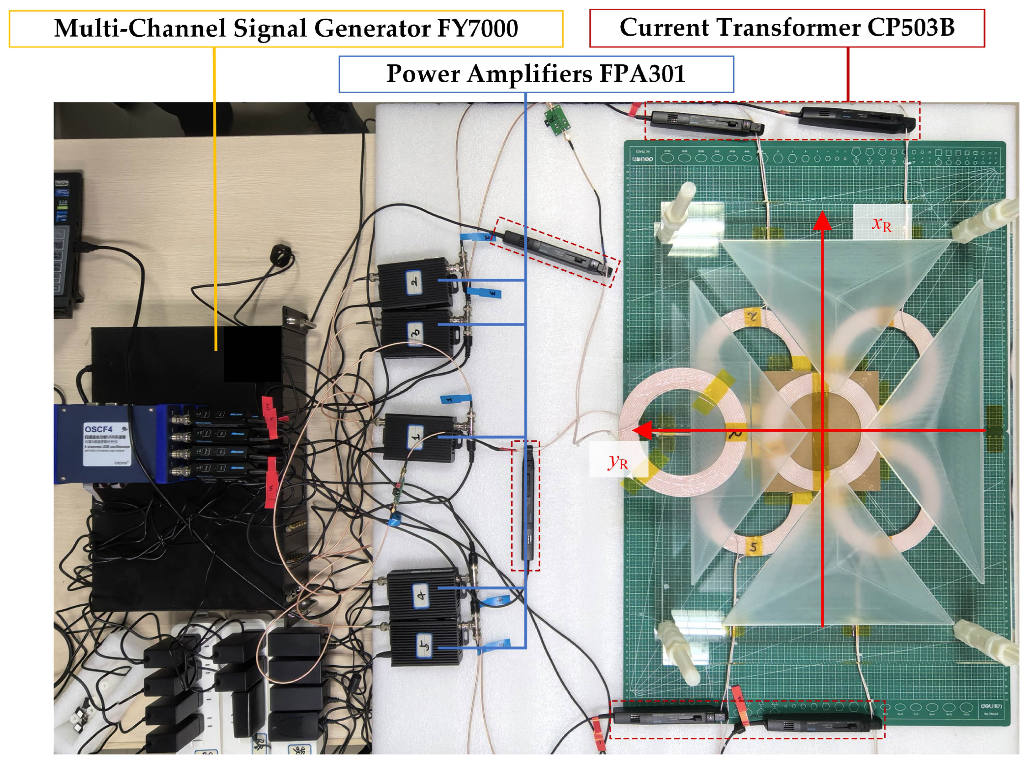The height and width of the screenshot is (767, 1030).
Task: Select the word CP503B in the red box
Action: (910, 27)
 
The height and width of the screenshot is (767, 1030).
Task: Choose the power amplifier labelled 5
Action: (425, 645)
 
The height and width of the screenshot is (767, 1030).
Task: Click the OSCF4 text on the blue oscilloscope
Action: (98, 428)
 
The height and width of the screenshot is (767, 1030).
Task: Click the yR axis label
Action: (618, 461)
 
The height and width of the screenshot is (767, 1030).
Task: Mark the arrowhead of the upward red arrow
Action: (823, 220)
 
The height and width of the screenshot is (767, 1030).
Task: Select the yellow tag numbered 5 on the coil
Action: (753, 547)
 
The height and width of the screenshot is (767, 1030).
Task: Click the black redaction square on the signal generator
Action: (253, 353)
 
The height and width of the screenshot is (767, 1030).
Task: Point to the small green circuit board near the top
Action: (556, 120)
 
